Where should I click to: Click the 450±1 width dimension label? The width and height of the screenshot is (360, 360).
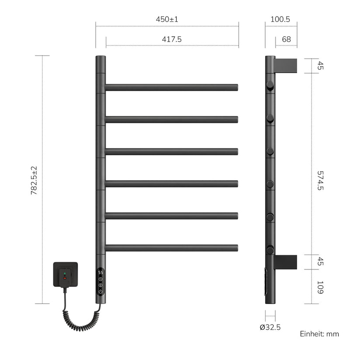pyautogui.click(x=167, y=19)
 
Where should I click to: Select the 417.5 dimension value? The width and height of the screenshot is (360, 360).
pyautogui.click(x=172, y=39)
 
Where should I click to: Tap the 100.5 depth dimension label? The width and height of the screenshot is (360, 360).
pyautogui.click(x=280, y=19)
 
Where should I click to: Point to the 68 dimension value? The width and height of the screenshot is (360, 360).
pyautogui.click(x=287, y=39)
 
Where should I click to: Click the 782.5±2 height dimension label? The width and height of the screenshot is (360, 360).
pyautogui.click(x=34, y=181)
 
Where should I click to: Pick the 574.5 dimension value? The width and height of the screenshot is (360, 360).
pyautogui.click(x=320, y=181)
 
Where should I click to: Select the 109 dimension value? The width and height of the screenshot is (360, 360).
pyautogui.click(x=320, y=287)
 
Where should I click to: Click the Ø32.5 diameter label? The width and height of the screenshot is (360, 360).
pyautogui.click(x=270, y=327)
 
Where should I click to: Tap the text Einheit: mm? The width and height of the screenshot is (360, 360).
pyautogui.click(x=319, y=334)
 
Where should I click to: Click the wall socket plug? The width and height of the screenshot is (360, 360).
pyautogui.click(x=66, y=275)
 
